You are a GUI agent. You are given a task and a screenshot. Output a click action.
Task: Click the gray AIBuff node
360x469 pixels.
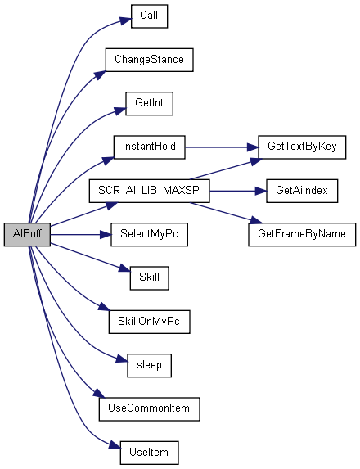click(27, 234)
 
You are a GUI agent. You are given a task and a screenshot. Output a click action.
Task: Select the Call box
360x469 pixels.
click(149, 16)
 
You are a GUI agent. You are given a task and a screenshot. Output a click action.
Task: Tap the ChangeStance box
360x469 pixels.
click(149, 60)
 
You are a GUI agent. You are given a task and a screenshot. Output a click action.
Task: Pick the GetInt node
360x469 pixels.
click(149, 103)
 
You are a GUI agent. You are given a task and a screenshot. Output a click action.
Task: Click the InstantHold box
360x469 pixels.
click(149, 147)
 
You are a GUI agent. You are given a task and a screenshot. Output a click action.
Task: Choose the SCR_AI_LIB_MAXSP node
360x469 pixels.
click(149, 191)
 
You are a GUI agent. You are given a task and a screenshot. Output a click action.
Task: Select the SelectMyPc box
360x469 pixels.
click(149, 234)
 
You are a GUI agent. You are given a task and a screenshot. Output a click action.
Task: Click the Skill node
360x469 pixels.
click(149, 278)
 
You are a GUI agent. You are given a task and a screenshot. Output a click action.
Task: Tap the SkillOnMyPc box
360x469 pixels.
click(149, 322)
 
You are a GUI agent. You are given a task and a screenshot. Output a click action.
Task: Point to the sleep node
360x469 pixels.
click(149, 366)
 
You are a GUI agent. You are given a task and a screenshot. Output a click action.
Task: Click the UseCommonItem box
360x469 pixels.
click(149, 409)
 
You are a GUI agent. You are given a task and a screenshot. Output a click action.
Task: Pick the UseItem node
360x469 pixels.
click(149, 453)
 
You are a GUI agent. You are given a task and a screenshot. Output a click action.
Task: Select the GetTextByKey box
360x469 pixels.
click(302, 147)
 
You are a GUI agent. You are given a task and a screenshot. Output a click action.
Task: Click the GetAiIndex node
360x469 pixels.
click(302, 191)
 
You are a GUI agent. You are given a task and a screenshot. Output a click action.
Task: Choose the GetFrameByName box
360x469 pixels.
click(302, 234)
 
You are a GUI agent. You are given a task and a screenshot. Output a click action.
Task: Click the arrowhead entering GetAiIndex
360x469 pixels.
click(261, 191)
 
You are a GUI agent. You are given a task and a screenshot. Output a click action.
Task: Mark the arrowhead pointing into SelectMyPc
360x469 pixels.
click(106, 234)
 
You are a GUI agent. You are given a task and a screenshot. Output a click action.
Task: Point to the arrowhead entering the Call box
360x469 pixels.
click(126, 20)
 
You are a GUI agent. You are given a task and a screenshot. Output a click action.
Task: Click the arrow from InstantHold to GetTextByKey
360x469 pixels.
click(222, 147)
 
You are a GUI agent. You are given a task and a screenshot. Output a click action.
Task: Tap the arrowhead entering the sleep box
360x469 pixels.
click(122, 359)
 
